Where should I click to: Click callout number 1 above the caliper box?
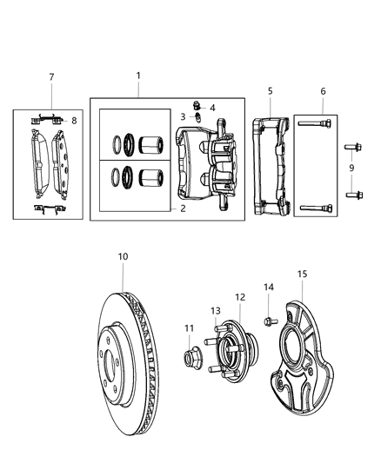(x=137, y=76)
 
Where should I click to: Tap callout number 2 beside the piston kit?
(x=184, y=209)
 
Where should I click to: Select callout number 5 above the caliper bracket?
(x=270, y=89)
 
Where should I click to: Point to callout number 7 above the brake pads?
(x=51, y=77)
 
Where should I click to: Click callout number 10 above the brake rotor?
(x=123, y=256)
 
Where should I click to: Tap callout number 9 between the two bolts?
(x=351, y=166)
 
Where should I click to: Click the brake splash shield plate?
(x=299, y=365)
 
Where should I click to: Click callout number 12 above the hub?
(x=239, y=297)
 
